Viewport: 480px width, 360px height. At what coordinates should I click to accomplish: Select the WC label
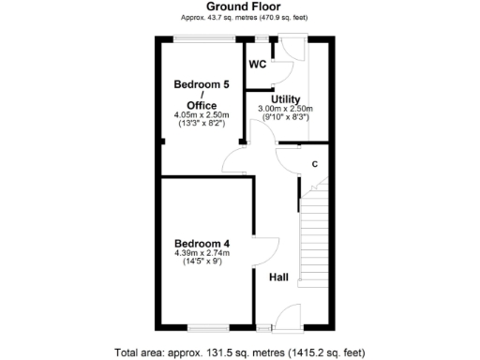click(x=257, y=65)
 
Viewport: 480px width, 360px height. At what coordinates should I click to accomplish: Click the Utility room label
click(x=285, y=98)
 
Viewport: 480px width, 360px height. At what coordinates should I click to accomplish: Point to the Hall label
click(x=278, y=277)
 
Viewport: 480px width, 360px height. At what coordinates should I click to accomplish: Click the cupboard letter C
click(x=314, y=164)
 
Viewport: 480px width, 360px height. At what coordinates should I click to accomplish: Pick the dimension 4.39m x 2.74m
click(x=202, y=254)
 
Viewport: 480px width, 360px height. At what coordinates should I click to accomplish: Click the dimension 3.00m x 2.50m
click(x=285, y=108)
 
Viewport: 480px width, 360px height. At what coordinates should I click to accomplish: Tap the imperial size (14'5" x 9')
click(x=202, y=263)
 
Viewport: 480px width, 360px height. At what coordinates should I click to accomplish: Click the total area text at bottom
click(x=239, y=352)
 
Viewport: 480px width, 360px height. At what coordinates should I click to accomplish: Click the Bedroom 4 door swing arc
click(x=266, y=252)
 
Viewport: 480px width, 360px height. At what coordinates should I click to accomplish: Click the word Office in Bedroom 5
click(x=202, y=104)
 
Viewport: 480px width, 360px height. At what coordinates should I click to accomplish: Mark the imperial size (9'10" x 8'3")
click(x=285, y=117)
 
